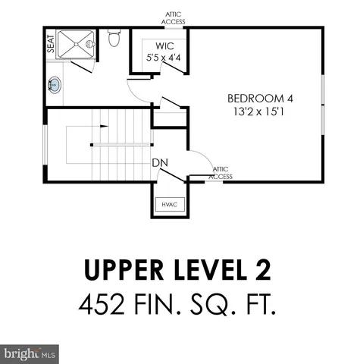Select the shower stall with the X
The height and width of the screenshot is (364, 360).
tap(80, 43)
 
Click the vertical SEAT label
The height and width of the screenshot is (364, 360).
tap(51, 43)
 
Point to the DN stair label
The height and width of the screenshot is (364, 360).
tap(159, 162)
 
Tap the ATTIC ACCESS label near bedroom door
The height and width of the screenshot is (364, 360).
tap(221, 173)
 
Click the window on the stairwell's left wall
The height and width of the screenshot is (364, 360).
tap(45, 144)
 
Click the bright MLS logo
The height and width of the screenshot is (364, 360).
tap(29, 353)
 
